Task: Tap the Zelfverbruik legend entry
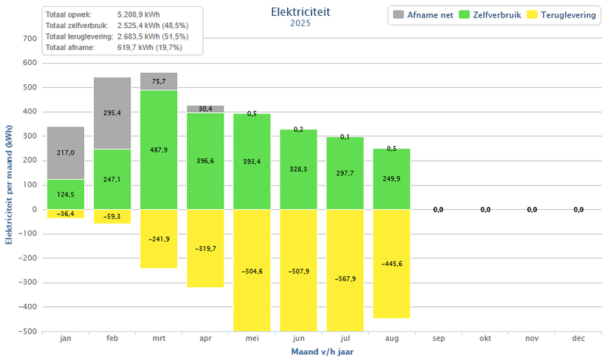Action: [x=492, y=14]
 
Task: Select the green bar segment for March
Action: [x=159, y=150]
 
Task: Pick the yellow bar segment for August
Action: [x=392, y=264]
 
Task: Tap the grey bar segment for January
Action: [x=66, y=153]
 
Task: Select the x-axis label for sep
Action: [x=439, y=340]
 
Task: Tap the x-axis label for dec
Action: [x=579, y=340]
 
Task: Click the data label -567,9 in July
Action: [x=346, y=279]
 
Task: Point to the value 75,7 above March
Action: [x=159, y=81]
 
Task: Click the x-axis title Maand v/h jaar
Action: [x=323, y=352]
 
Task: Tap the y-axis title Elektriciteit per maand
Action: [x=9, y=186]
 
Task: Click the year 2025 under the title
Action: [x=300, y=23]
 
